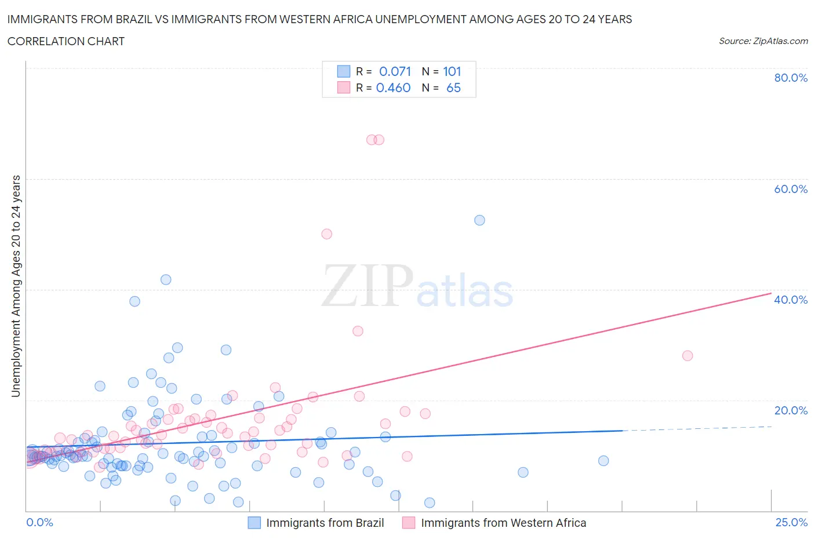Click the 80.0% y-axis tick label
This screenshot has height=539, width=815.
click(x=790, y=78)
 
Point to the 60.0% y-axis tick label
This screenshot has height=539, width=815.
click(x=790, y=189)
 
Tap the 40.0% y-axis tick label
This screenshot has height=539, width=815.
click(x=790, y=300)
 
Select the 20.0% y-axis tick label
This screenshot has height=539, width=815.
click(x=790, y=410)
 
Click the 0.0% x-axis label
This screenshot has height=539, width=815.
click(x=39, y=522)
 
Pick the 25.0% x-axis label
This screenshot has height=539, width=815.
click(x=791, y=522)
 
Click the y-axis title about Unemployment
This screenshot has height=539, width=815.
click(x=16, y=286)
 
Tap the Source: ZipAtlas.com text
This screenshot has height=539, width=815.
click(x=763, y=41)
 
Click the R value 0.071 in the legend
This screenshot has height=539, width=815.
click(x=395, y=71)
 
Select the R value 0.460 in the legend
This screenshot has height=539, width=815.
click(x=393, y=88)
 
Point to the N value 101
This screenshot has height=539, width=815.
click(x=452, y=71)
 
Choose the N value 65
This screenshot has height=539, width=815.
click(x=453, y=88)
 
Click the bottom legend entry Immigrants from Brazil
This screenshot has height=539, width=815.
click(x=325, y=523)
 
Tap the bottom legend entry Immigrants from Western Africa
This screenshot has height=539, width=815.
click(x=503, y=523)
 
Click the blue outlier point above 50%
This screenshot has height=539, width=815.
click(x=479, y=220)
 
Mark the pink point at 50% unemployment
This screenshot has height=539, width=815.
click(x=326, y=234)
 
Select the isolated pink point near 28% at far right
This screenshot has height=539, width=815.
click(x=687, y=356)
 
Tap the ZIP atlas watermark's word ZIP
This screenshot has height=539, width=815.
click(x=367, y=286)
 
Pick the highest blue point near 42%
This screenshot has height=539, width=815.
click(x=166, y=279)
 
